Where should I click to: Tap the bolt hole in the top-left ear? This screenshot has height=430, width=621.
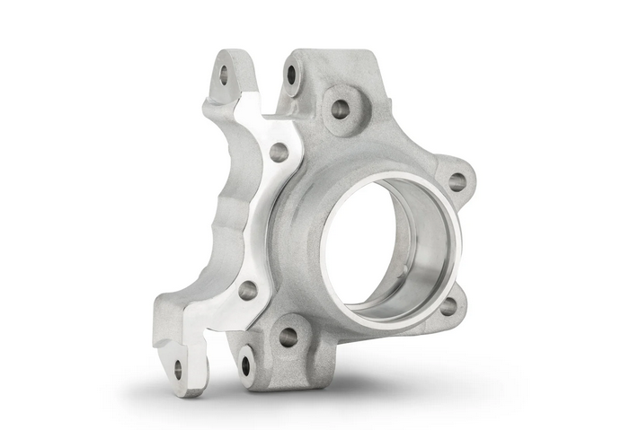[x=224, y=75]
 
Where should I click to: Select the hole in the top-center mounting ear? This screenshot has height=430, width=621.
[x=292, y=75]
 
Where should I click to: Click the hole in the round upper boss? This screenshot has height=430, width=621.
[x=340, y=109]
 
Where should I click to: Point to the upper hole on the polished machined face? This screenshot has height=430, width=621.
[x=279, y=152]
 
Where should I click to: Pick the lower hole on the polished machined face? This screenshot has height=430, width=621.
[x=246, y=289]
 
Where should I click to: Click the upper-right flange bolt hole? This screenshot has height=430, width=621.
[x=457, y=181]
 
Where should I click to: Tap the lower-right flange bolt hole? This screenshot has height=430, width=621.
[x=448, y=305]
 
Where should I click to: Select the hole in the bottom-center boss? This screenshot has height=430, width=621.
[x=288, y=337]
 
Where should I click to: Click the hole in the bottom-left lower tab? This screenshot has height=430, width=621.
[x=244, y=364]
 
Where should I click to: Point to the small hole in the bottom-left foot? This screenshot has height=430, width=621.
[x=178, y=367]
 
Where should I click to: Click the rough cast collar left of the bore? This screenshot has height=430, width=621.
[x=301, y=224]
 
